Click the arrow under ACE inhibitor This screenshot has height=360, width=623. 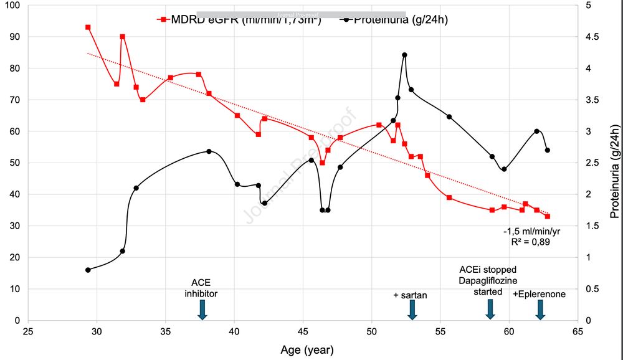click(202, 309)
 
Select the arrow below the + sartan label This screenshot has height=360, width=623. click(411, 309)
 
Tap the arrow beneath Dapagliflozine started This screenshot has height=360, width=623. click(490, 309)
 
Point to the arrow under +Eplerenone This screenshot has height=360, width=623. click(540, 309)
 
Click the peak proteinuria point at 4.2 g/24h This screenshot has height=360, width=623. click(404, 55)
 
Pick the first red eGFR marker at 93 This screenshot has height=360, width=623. click(88, 27)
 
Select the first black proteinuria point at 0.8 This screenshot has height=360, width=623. click(88, 270)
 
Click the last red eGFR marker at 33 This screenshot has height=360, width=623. click(548, 216)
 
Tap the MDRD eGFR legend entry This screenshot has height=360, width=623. click(240, 19)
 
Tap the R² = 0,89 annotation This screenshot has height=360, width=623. click(527, 243)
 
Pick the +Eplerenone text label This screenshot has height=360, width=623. click(540, 294)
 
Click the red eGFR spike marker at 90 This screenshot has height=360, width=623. click(122, 37)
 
